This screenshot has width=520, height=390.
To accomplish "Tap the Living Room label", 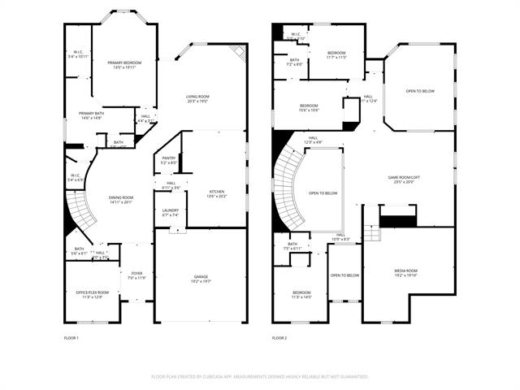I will point(198,99).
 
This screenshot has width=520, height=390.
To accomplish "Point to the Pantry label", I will point(168,160).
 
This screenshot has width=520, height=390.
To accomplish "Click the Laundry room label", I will point(170,213).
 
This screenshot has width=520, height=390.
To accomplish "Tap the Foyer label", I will point(136,275).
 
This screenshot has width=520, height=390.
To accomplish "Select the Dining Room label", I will point(120,200).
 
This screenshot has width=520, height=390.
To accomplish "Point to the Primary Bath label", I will point(91,115).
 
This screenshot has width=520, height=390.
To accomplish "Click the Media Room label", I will point(406,273).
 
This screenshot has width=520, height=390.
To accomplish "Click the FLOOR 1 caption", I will point(71,337).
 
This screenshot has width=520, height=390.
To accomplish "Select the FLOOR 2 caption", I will point(279,337).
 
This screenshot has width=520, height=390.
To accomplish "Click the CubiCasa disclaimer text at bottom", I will point(260,376).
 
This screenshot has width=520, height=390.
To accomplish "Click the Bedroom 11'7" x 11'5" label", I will point(336,55).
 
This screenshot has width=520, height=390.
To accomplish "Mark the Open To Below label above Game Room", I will point(420,91).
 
